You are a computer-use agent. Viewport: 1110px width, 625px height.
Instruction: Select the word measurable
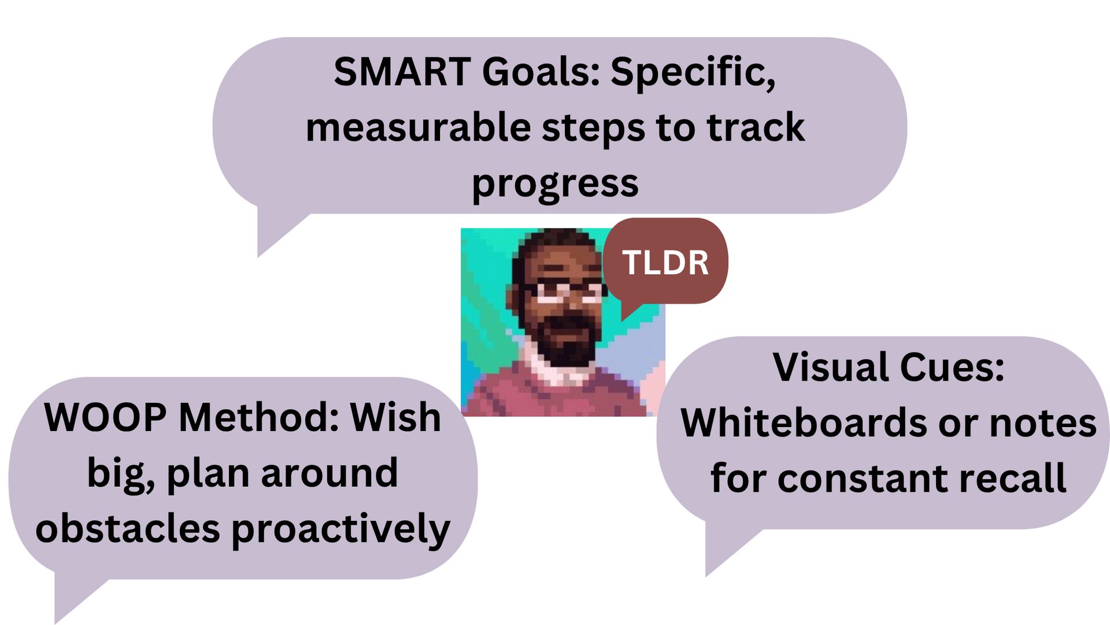click(418, 127)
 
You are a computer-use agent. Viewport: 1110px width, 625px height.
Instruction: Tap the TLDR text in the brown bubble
click(665, 263)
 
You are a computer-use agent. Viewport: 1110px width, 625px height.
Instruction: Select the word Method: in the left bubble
click(259, 417)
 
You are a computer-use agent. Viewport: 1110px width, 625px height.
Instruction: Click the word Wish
click(395, 417)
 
